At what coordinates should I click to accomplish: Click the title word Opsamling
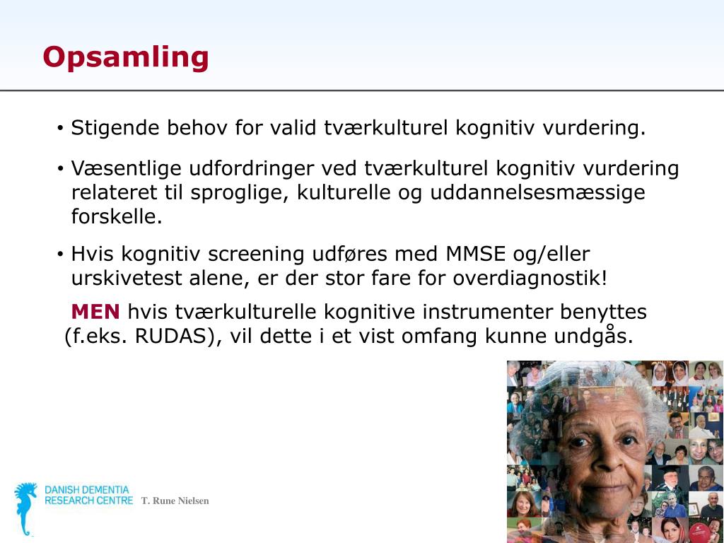coord(126,57)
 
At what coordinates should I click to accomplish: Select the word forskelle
coord(117,216)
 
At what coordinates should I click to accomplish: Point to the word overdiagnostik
coord(527,278)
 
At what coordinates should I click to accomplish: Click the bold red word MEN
coord(95,312)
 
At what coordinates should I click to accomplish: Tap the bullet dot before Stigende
coord(61,129)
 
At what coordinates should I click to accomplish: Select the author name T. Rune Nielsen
coord(175,501)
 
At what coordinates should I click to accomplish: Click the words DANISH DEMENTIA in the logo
coord(87,490)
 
